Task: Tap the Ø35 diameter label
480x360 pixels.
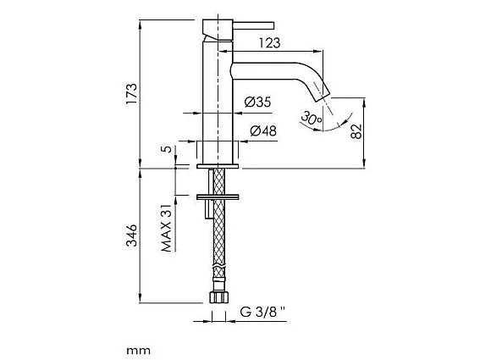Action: click(257, 102)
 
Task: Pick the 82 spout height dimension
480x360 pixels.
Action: click(356, 132)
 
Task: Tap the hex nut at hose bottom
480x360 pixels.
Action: click(218, 297)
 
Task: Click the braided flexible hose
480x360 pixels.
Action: click(218, 246)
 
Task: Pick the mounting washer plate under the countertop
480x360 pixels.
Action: click(219, 197)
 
